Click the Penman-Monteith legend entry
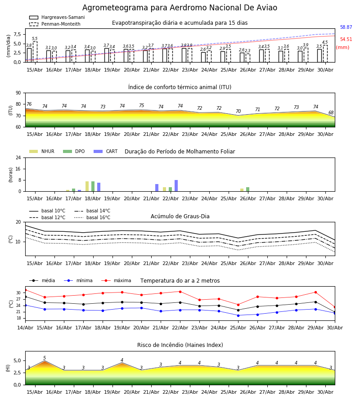coord(55,24)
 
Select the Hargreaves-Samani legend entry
coord(57,17)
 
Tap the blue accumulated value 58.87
coord(346,27)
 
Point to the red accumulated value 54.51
coord(346,39)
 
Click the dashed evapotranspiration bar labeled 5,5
coord(35,52)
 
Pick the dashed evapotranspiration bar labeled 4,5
coord(325,54)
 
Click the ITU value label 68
coord(331,112)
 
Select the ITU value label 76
coord(29,104)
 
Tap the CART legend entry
coord(106,151)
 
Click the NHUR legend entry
coord(42,151)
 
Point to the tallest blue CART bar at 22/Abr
coord(176,186)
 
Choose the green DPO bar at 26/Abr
coord(247,189)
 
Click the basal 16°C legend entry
coord(92,217)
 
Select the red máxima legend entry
coord(116,280)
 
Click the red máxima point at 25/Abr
coord(238,305)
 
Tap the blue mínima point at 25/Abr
coord(238,315)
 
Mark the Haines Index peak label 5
coord(45,358)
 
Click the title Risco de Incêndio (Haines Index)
coord(180,345)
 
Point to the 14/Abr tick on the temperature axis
coord(25,328)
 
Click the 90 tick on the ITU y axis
coord(18,93)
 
